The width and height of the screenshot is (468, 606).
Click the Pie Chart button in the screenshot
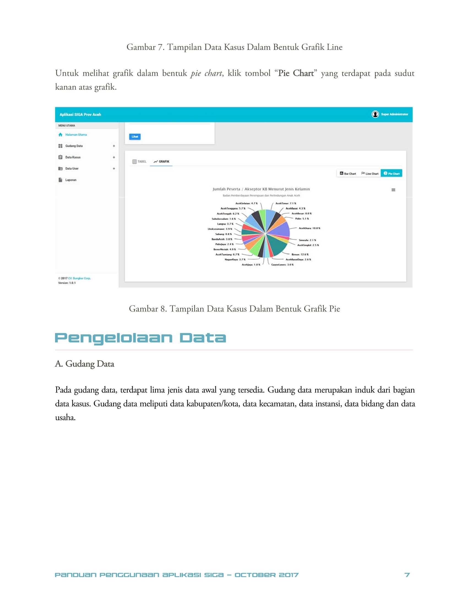pyautogui.click(x=391, y=174)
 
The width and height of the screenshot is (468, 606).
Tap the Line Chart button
pyautogui.click(x=369, y=174)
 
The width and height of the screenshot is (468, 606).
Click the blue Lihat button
pyautogui.click(x=135, y=137)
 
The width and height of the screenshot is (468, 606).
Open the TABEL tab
pyautogui.click(x=139, y=161)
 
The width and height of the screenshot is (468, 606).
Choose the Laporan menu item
pyautogui.click(x=71, y=180)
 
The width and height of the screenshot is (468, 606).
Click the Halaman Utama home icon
pyautogui.click(x=61, y=135)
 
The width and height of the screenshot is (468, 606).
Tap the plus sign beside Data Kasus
pyautogui.click(x=114, y=157)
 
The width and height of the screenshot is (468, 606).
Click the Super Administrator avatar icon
pyautogui.click(x=375, y=114)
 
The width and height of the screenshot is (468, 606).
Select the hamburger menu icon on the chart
pyautogui.click(x=393, y=190)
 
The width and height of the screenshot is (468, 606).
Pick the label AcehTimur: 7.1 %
pyautogui.click(x=285, y=203)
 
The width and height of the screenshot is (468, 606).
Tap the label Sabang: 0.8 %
pyautogui.click(x=224, y=234)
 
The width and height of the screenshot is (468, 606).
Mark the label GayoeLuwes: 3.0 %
pyautogui.click(x=282, y=265)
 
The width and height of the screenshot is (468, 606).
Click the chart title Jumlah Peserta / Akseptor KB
pyautogui.click(x=261, y=189)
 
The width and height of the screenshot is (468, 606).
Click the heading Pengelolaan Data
pyautogui.click(x=140, y=338)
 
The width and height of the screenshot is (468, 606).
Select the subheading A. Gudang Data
pyautogui.click(x=85, y=364)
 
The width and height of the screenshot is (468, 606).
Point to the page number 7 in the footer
pyautogui.click(x=407, y=575)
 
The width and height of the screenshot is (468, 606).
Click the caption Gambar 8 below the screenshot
pyautogui.click(x=234, y=309)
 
